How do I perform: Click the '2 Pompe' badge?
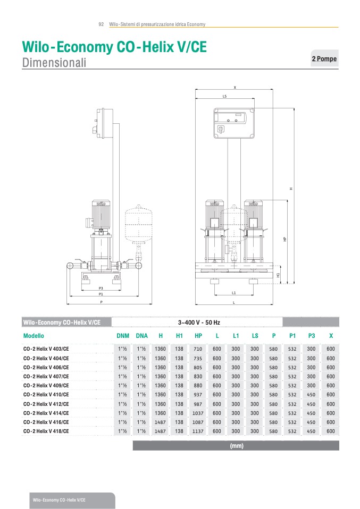coord(324,59)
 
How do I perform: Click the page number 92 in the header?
coord(101,24)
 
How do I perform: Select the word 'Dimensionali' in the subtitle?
coord(54,63)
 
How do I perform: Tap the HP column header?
coord(198,336)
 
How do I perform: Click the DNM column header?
coord(123,336)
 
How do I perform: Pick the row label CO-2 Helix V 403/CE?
coord(46,349)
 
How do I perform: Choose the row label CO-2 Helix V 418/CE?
coord(46,431)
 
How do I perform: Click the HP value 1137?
coord(198,431)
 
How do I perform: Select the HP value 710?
coord(198,349)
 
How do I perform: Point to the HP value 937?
coord(198,395)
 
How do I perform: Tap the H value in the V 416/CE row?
coord(160,422)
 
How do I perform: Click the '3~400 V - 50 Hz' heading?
coord(199,322)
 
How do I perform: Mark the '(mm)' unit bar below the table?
coord(236,446)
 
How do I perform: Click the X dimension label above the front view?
coord(235,87)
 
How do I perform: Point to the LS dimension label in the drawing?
coord(224,96)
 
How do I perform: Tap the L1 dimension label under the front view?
coord(234,293)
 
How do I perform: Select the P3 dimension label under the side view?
coord(101,288)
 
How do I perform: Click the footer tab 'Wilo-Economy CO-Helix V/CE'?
coord(59,500)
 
